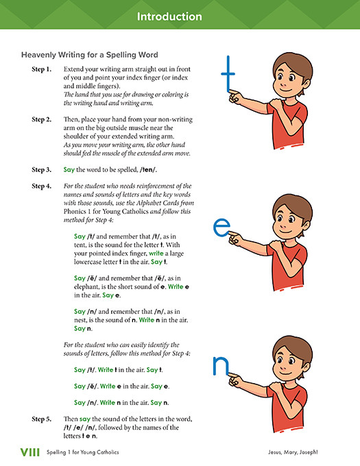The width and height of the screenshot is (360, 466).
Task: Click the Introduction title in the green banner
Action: pos(179,16)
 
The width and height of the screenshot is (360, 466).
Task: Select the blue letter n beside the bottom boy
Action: pos(220,367)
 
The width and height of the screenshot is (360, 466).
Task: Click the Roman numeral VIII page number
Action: pos(30,452)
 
